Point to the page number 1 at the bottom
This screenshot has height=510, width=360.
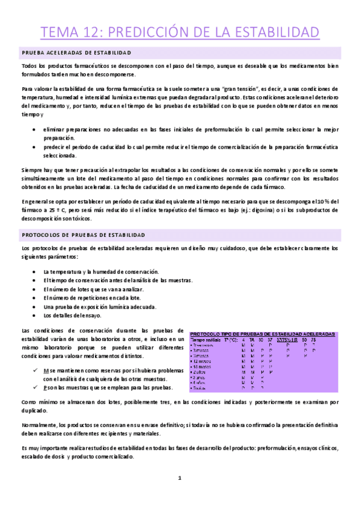pyautogui.click(x=179, y=478)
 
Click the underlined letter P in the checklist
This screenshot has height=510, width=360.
pyautogui.click(x=44, y=389)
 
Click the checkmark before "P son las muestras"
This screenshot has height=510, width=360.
pyautogui.click(x=36, y=389)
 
